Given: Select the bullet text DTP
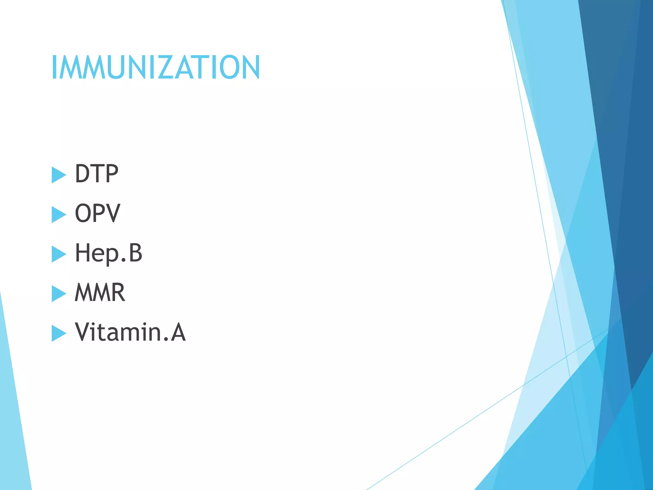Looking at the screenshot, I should click(96, 174).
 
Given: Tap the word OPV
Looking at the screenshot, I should click(97, 213).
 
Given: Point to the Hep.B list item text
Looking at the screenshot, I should click(108, 253).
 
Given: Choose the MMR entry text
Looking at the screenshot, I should click(100, 293).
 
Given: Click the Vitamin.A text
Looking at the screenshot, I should click(130, 332).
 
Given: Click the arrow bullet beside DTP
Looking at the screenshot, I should click(58, 175).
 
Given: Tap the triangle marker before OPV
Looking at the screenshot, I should click(58, 214).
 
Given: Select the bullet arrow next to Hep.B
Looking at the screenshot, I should click(58, 254).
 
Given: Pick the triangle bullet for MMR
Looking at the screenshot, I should click(58, 293).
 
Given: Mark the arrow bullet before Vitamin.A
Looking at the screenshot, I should click(58, 333).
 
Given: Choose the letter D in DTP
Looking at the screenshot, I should click(82, 174).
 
